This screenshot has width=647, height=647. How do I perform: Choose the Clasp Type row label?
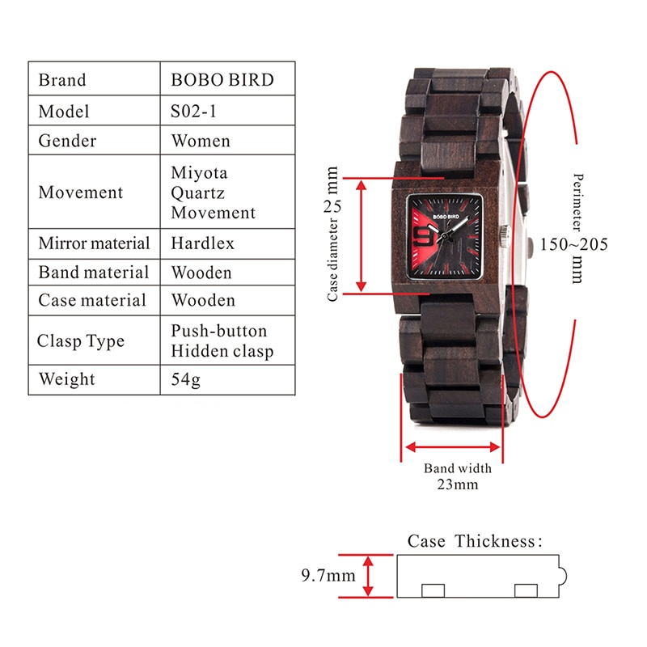tap(80, 341)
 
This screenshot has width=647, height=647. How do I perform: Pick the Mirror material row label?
tap(94, 243)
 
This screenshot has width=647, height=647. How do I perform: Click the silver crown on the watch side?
tap(504, 236)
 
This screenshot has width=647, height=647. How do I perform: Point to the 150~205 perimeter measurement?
tap(574, 244)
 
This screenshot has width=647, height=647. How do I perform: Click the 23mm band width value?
tap(458, 484)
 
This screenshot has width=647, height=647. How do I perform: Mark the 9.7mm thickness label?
tap(328, 575)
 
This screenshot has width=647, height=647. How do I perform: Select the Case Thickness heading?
tap(475, 541)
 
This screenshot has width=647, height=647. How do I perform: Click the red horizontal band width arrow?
tap(453, 447)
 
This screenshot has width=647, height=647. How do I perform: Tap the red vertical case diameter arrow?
tap(361, 236)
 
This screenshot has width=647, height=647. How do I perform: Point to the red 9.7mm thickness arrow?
tap(368, 576)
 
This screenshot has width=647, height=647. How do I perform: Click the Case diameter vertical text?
tap(332, 260)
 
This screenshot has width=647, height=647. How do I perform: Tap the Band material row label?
tap(94, 273)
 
